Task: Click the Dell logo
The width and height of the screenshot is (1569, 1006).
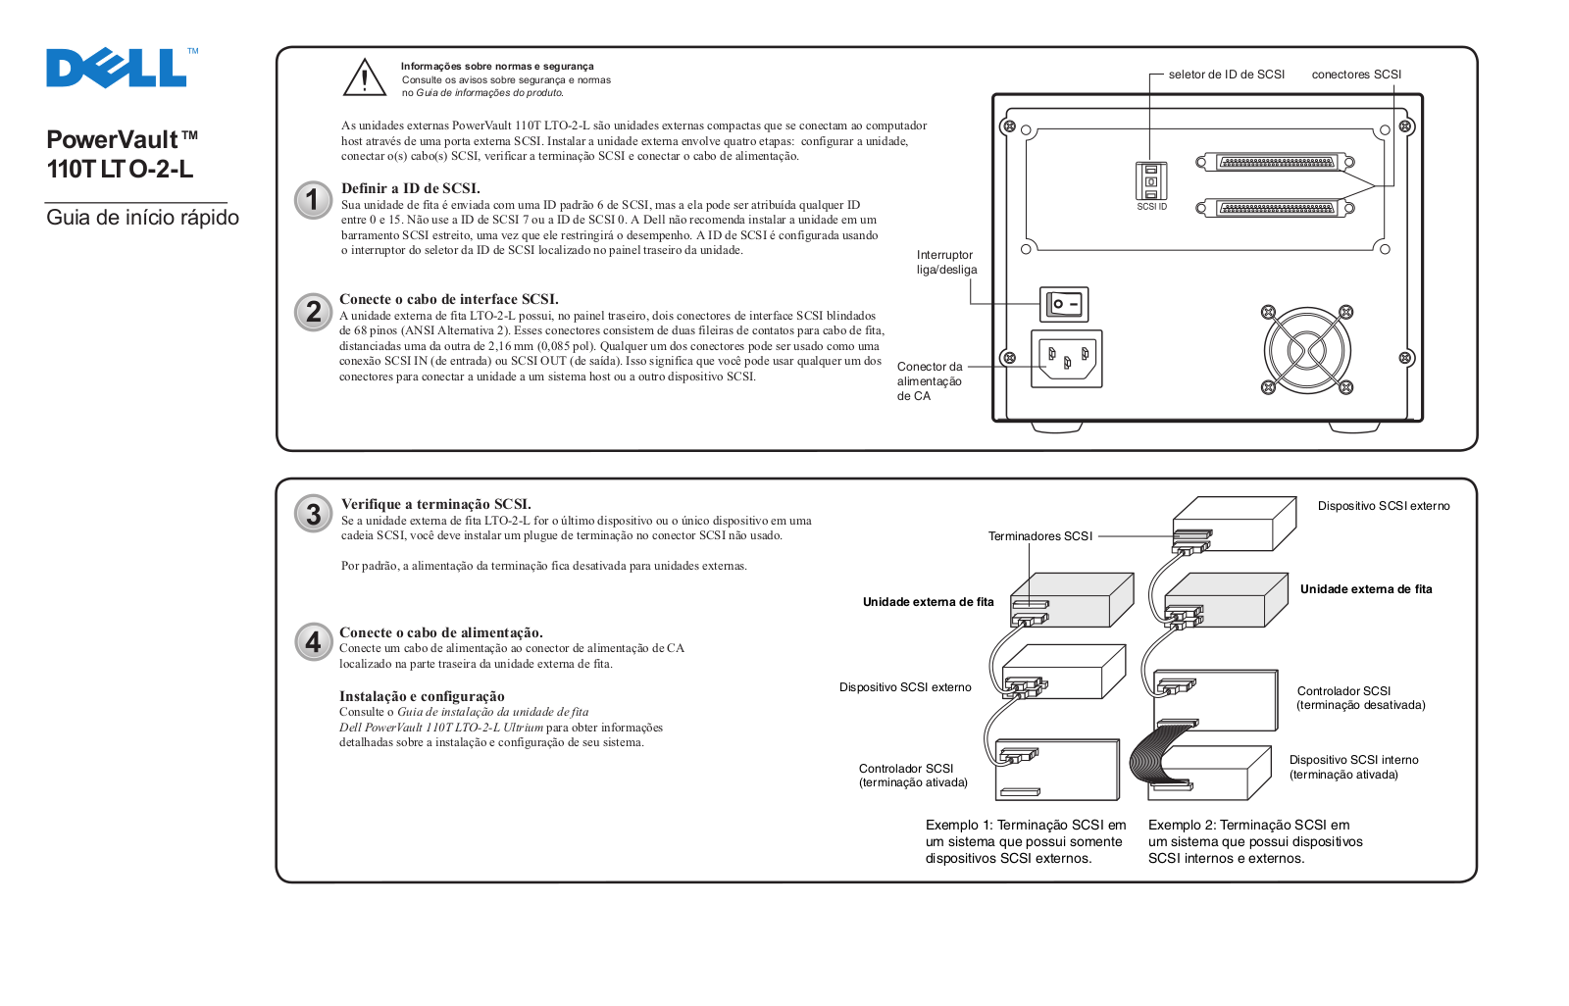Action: point(118,69)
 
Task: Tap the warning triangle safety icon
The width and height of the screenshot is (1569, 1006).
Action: point(365,78)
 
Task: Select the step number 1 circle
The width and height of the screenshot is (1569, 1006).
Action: point(313,200)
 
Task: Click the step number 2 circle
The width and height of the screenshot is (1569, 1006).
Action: point(313,312)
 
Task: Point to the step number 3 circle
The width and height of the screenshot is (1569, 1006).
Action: point(313,514)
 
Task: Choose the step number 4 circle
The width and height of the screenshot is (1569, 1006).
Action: point(313,642)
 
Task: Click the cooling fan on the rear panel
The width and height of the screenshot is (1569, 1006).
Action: point(1306,349)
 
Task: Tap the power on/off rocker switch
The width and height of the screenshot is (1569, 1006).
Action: point(1064,304)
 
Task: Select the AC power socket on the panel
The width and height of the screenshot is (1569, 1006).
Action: point(1066,358)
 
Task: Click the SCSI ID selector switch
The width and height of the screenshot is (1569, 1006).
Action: point(1151,181)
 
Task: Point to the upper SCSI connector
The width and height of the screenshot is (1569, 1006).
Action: point(1275,162)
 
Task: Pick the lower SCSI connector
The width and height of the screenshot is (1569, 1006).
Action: point(1275,208)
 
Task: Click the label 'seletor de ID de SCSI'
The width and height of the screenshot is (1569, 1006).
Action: point(1226,75)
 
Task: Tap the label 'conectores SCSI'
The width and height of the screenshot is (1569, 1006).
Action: point(1356,75)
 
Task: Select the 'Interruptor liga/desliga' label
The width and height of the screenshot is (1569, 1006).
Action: point(946,262)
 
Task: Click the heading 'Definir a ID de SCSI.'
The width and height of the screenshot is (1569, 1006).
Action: point(410,188)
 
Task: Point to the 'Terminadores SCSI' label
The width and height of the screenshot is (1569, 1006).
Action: point(1039,536)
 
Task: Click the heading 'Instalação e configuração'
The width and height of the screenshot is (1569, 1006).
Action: point(422,696)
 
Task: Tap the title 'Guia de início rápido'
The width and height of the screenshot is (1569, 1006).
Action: point(142,218)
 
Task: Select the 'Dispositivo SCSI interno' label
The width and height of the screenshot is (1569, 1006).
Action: point(1353,760)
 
